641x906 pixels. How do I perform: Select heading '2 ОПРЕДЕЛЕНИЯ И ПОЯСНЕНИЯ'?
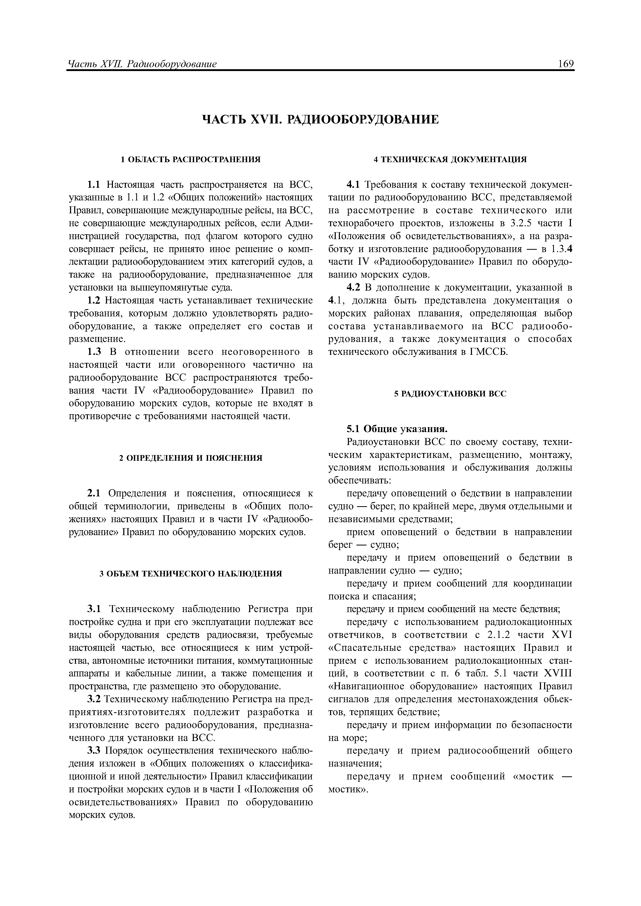tap(191, 458)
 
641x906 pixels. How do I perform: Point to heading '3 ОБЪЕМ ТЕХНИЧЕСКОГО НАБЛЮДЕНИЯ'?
tap(191, 573)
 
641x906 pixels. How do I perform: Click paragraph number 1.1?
tap(94, 185)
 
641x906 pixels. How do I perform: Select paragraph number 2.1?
tap(94, 493)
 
